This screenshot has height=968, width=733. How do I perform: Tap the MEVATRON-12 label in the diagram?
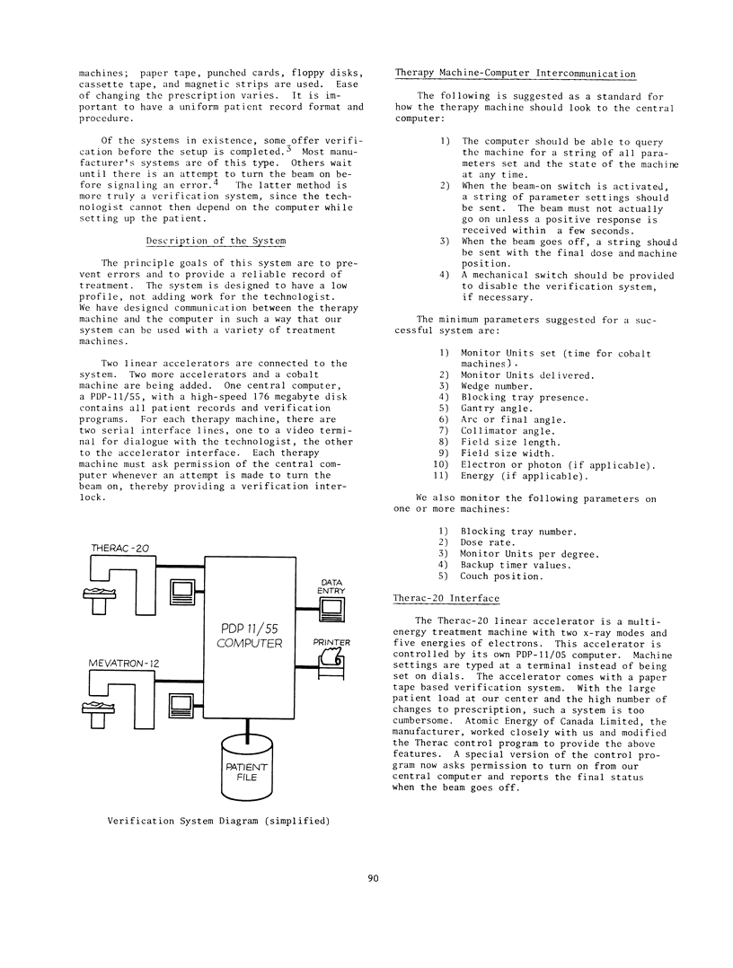(x=124, y=663)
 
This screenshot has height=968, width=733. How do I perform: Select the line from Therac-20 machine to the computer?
(x=180, y=566)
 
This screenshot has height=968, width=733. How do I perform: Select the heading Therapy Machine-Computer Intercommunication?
(x=516, y=74)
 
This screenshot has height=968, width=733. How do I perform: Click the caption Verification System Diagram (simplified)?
(x=218, y=820)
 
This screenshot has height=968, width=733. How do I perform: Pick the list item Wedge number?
(x=500, y=386)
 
